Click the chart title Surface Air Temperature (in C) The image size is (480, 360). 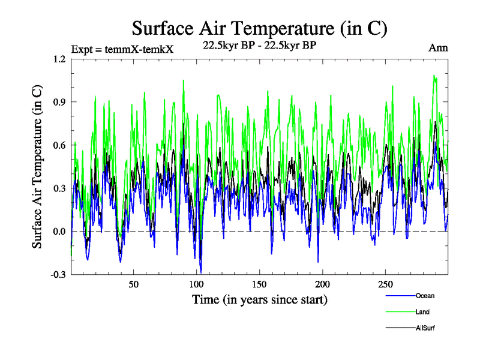coord(259,28)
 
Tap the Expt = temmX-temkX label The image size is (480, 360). coord(122,49)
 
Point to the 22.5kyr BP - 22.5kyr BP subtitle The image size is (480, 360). coord(259,44)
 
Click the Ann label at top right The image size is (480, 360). coord(438,47)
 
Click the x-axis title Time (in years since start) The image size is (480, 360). coord(259,298)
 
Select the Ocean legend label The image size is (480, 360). coord(425,296)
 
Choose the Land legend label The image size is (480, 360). coord(422,312)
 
